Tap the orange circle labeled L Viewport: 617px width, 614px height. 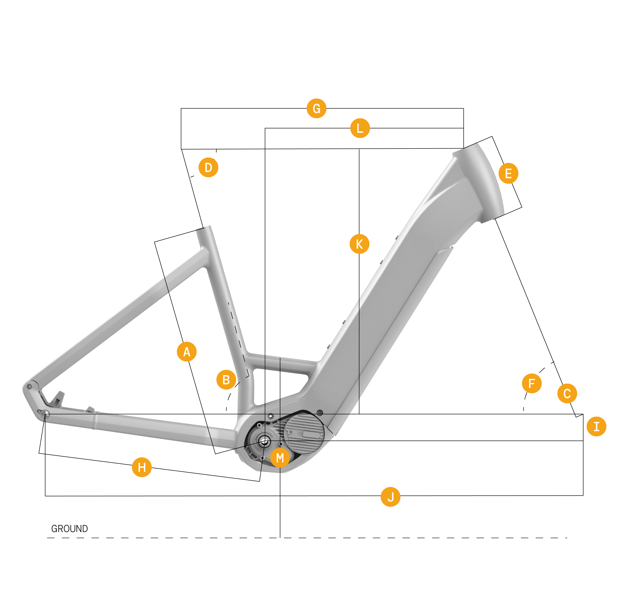point(360,128)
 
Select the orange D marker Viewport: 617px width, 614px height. point(208,167)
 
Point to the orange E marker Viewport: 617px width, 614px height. point(508,173)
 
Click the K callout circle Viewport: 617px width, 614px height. point(359,244)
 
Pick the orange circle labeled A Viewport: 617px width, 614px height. point(187,352)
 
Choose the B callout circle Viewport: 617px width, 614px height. point(226,380)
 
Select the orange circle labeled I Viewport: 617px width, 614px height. point(596,426)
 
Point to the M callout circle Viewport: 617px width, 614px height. point(280,458)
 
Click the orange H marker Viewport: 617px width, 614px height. point(141,467)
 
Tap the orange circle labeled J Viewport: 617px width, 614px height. point(390,497)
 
